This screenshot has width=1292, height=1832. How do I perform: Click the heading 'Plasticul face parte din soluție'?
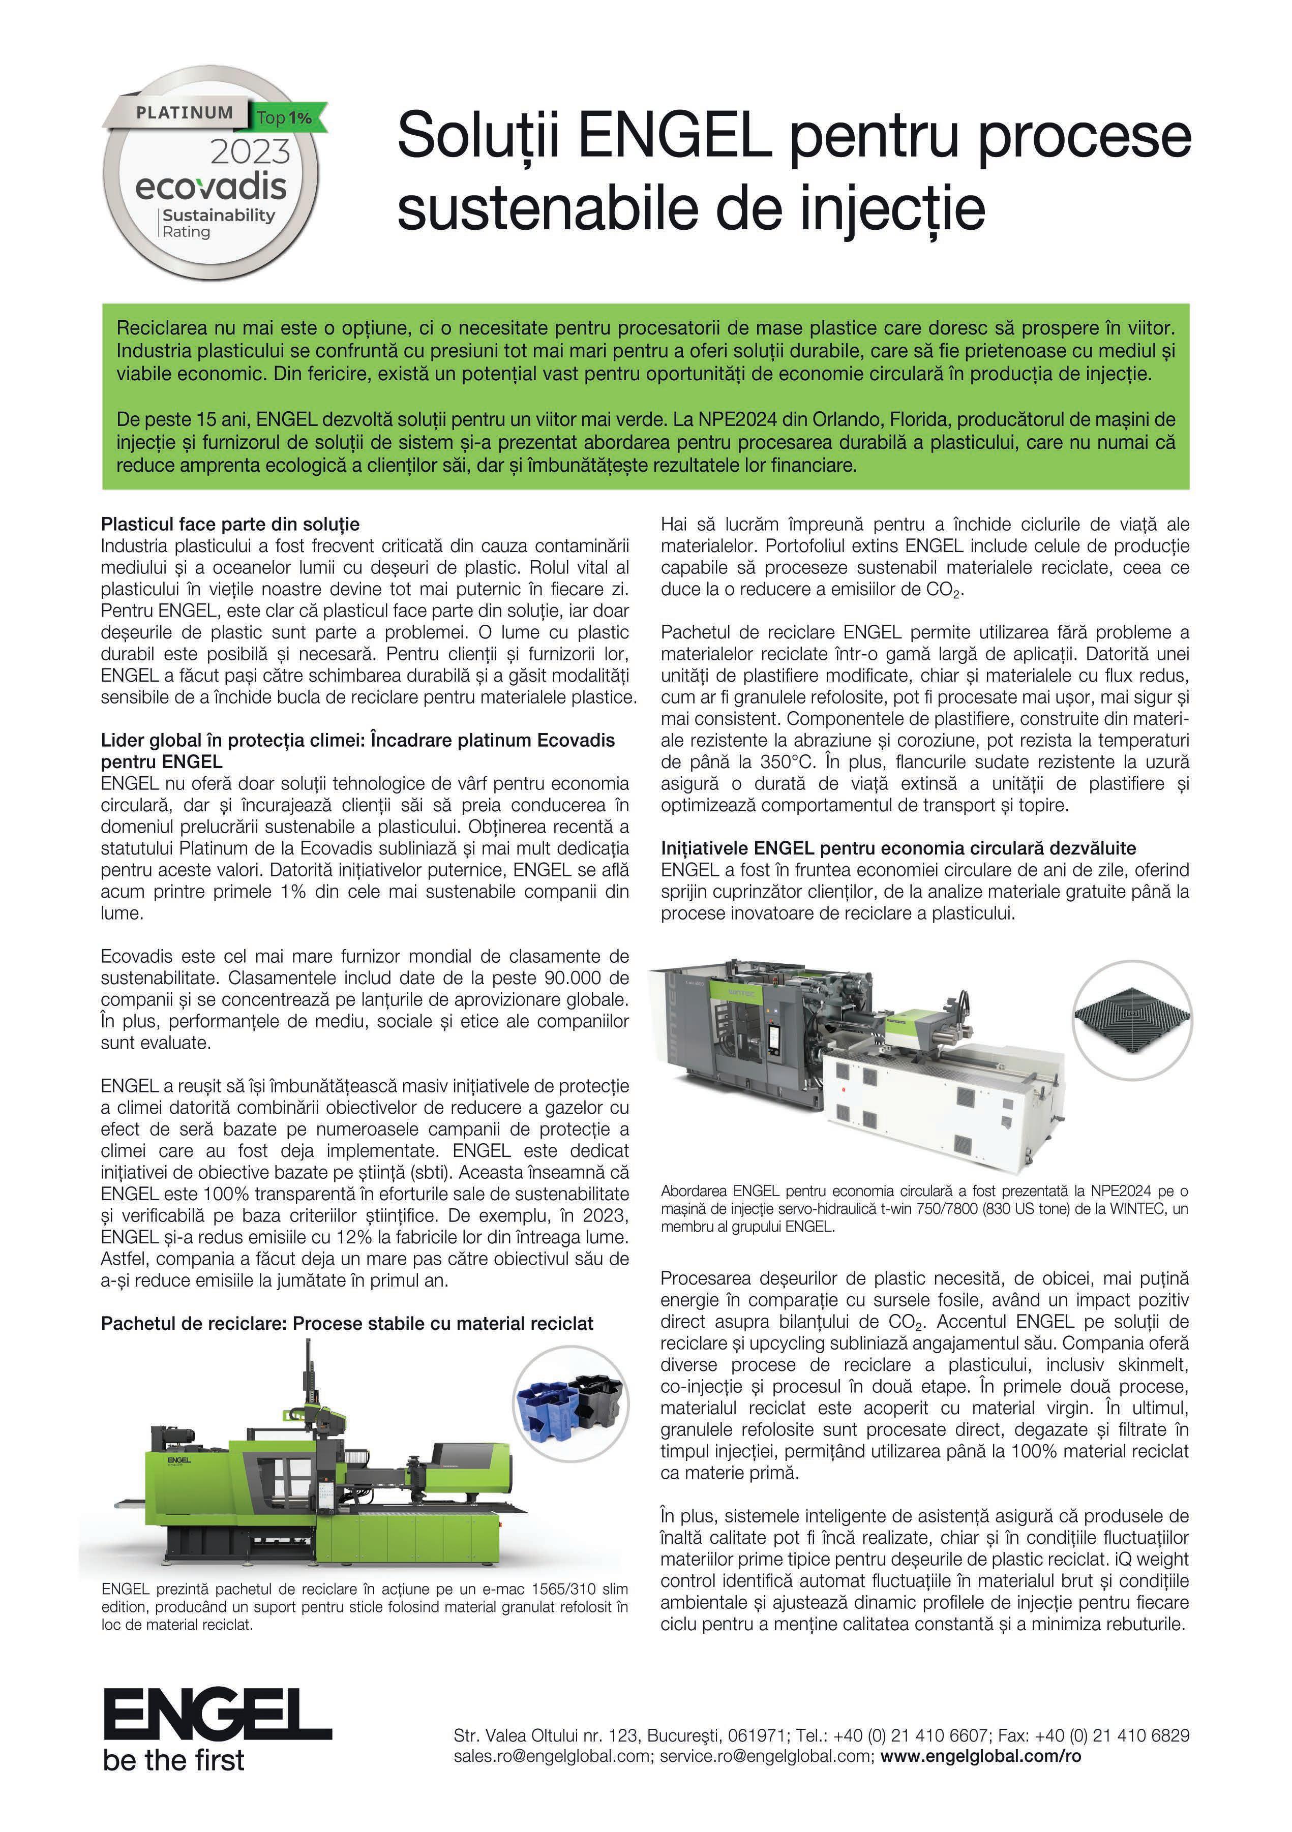pos(230,524)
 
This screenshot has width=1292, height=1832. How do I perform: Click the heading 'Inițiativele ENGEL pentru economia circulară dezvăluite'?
pos(898,848)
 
